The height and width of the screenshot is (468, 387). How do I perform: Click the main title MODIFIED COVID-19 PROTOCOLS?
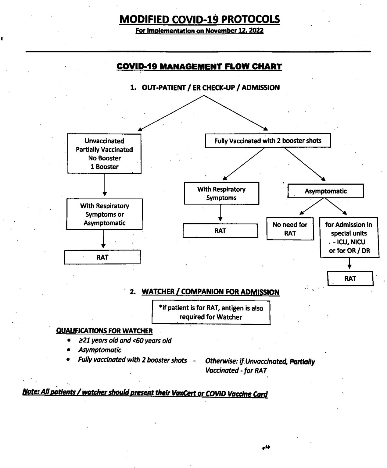pos(199,19)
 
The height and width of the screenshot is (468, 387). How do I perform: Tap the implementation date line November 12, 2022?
pos(199,30)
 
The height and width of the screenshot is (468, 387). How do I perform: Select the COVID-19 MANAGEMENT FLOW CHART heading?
pos(199,66)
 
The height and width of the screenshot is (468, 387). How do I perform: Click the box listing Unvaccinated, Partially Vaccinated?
pos(104,154)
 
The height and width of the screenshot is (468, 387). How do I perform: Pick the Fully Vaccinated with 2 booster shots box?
pos(267,141)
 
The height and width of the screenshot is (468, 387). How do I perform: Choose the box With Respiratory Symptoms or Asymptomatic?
pos(104,214)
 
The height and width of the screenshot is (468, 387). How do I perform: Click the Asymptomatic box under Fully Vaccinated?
pos(325,191)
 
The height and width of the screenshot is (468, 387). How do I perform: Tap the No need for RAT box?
pos(290,229)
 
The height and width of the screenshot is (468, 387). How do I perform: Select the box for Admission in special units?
pos(349,237)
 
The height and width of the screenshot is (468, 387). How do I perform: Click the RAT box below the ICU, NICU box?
pos(350,278)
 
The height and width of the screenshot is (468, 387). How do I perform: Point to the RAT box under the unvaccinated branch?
pos(102,257)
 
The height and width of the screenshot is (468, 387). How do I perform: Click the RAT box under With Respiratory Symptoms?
pos(220,231)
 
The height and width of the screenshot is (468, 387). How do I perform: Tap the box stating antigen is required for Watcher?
pos(211,312)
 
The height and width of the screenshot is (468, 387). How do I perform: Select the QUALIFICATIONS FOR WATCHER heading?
pos(104,331)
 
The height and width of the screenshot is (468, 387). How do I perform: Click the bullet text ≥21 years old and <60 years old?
pos(125,340)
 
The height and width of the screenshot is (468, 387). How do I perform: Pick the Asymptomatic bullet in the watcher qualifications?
pos(100,350)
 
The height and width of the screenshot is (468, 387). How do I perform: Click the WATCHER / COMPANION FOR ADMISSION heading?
pos(210,292)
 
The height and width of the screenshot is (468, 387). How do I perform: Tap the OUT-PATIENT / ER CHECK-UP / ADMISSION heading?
pos(210,87)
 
